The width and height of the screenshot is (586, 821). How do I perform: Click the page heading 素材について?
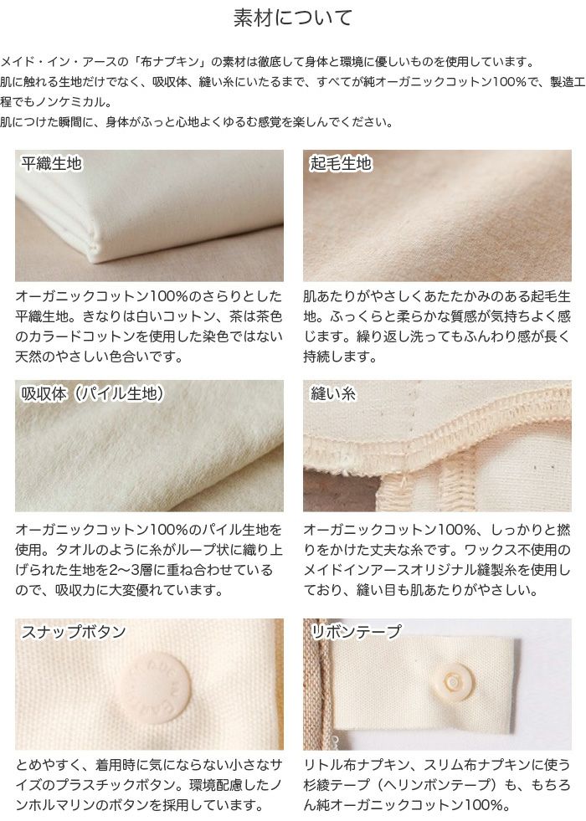[x=292, y=18]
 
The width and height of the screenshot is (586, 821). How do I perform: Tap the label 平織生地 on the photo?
[x=52, y=164]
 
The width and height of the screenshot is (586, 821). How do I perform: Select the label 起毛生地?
[x=341, y=164]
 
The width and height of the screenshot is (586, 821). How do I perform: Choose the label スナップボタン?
[x=74, y=632]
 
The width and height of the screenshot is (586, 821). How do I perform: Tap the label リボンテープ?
[x=356, y=632]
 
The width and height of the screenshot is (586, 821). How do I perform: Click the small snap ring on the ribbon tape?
[x=453, y=682]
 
